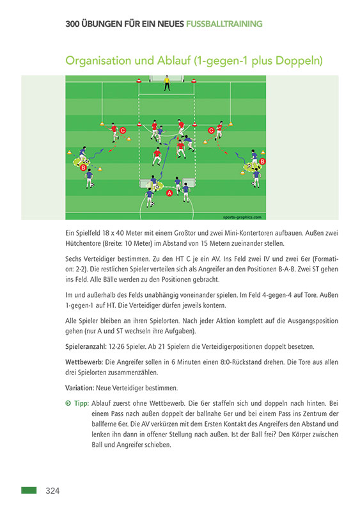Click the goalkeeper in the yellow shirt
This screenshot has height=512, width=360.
pos(168,83)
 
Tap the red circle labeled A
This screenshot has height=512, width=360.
pos(169,193)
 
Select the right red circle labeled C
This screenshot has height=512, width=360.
pos(211,130)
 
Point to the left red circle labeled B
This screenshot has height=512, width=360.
pos(83,167)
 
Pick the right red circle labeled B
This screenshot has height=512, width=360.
pos(262,161)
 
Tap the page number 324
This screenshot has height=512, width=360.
pos(52,491)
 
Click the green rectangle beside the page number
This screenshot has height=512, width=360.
pos(29,490)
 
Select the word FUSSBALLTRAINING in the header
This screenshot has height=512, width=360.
pos(224,24)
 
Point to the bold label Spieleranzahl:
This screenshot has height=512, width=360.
pos(86,346)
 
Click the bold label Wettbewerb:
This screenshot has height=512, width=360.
pos(84,362)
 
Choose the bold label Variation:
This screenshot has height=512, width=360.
pos(80,388)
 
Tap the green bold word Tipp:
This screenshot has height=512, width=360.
pos(81,404)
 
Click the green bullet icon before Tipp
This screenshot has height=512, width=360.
pos(68,404)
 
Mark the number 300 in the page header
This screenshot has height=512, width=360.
pos(74,24)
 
